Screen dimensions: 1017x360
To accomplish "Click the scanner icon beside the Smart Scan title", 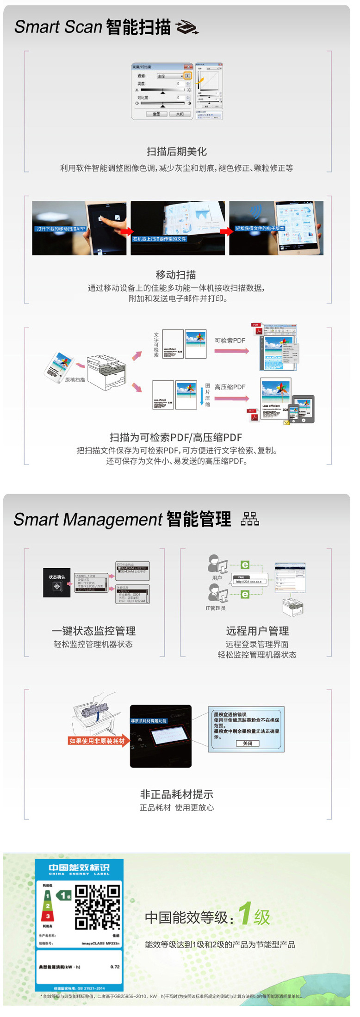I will tap(187, 28).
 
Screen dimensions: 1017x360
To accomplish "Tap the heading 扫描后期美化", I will tap(176, 151).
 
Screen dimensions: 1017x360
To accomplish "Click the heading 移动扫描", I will tap(176, 275).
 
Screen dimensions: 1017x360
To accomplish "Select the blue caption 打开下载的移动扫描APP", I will tap(61, 229).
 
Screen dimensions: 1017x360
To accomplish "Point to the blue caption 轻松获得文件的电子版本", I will tap(260, 228).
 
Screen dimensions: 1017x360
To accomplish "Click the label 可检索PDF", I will tap(230, 341).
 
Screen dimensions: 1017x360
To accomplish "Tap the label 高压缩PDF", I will tap(230, 387).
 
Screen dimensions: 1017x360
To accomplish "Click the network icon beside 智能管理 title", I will tap(250, 519).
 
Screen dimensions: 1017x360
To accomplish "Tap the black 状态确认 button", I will tap(57, 583).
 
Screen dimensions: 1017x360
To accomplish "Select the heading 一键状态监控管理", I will tap(94, 631).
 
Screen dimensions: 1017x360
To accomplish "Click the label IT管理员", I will tap(216, 608).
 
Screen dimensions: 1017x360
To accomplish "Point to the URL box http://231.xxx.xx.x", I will tap(248, 581).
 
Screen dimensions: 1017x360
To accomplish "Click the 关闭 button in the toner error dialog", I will tap(248, 743).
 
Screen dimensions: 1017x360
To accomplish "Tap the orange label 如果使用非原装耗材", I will tap(97, 741).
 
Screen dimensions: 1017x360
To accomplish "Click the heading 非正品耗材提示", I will tap(176, 794).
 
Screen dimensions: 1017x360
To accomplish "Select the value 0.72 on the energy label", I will tap(115, 967).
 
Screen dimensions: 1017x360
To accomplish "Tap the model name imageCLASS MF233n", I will tap(100, 943).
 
